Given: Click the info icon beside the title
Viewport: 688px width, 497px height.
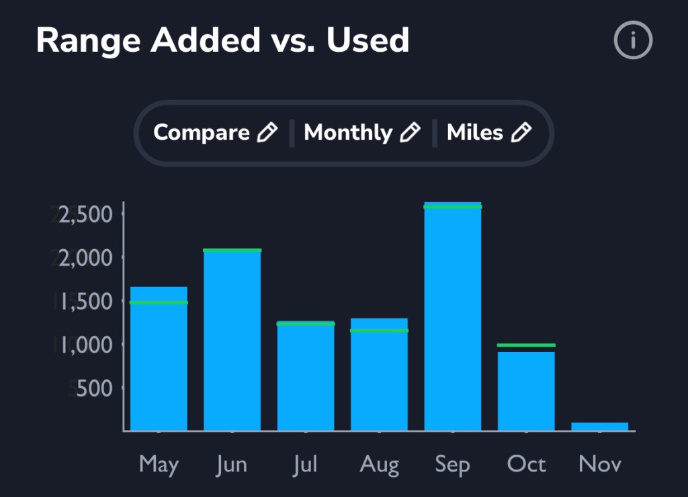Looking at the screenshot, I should point(633,42).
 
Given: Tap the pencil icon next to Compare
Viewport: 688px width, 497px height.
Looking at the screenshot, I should point(267,132).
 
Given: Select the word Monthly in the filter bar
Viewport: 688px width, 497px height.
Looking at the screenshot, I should point(347,132).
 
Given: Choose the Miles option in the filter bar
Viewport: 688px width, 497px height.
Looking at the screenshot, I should point(474,132).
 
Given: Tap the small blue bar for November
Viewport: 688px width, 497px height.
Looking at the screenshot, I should point(600,426).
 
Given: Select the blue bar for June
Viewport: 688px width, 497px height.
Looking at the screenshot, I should point(232,343).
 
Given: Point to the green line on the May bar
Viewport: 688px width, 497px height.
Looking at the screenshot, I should point(159,302).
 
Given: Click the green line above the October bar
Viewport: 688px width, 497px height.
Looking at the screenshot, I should point(526,345).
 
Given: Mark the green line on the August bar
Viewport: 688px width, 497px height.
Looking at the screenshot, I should point(380,330).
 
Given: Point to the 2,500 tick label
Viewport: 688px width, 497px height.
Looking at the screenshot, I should point(88,215).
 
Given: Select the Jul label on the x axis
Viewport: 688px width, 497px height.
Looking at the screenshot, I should point(305,464).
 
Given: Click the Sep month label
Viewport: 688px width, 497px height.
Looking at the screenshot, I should point(452,465).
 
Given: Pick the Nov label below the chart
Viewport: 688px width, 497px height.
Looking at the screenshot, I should point(600,464).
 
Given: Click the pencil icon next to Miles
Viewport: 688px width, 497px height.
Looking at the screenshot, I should point(521,132).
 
